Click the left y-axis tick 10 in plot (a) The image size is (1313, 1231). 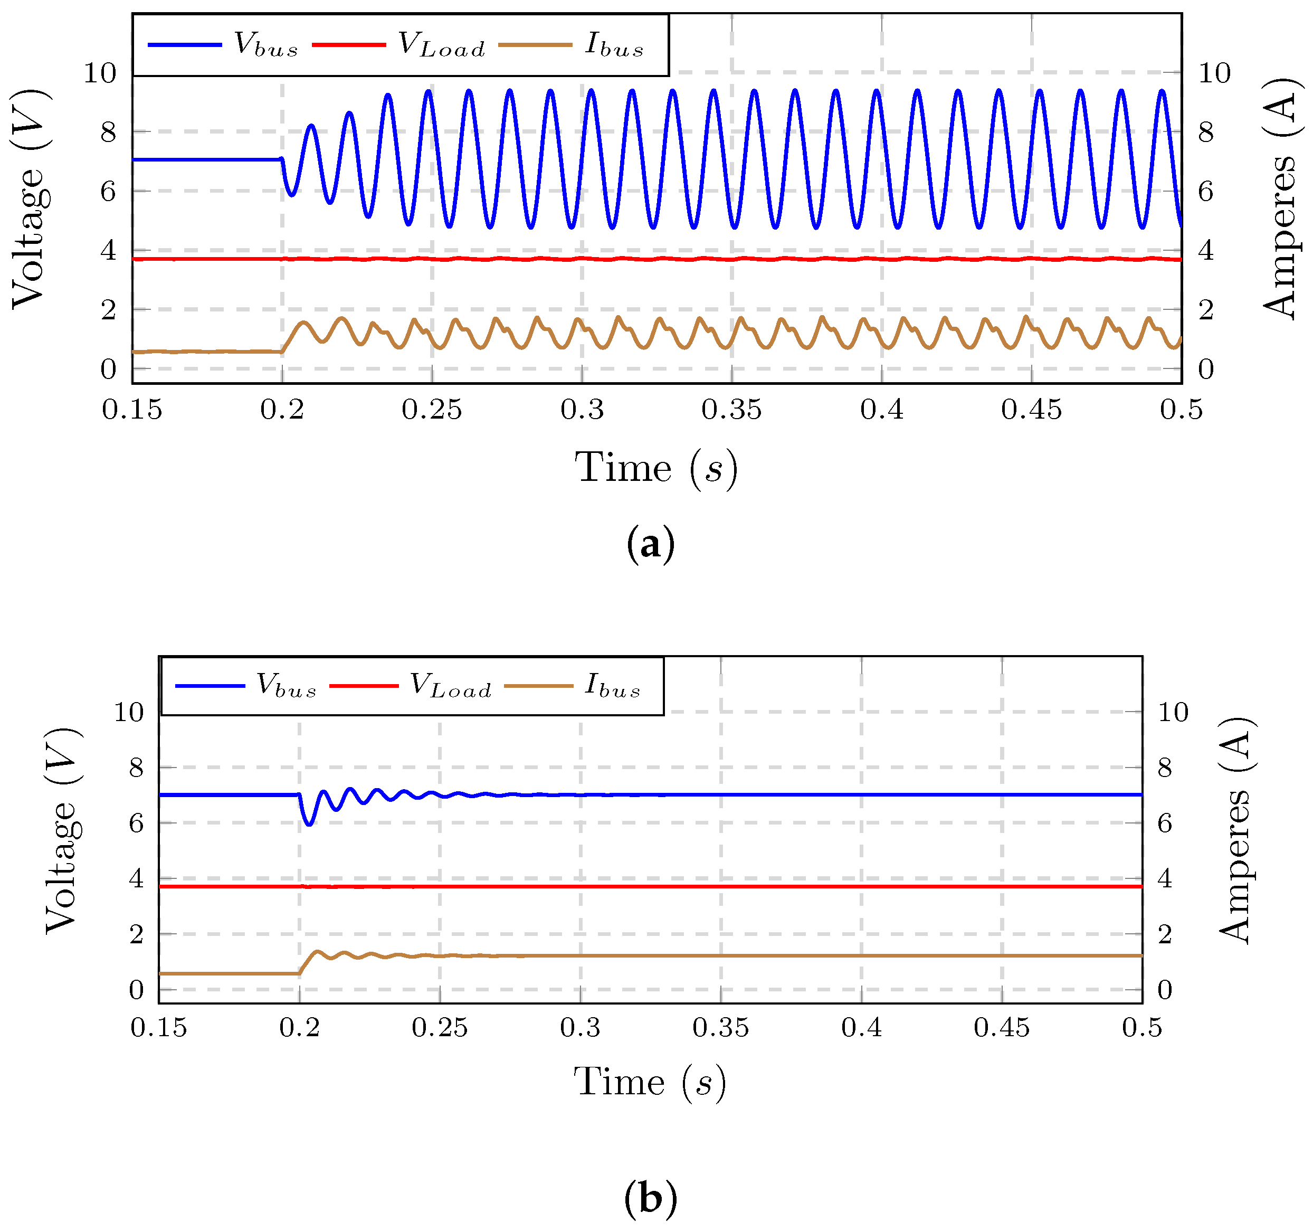pyautogui.click(x=100, y=73)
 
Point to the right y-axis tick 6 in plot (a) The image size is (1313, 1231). pyautogui.click(x=1206, y=192)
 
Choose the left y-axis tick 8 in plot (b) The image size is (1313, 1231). pyautogui.click(x=136, y=768)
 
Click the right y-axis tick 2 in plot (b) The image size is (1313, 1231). pyautogui.click(x=1165, y=934)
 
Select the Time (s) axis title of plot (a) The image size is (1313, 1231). pyautogui.click(x=656, y=469)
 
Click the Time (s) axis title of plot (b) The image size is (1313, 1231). pyautogui.click(x=649, y=1082)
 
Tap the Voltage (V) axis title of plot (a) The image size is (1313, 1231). pyautogui.click(x=30, y=198)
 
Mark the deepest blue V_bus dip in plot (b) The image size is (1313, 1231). pyautogui.click(x=308, y=824)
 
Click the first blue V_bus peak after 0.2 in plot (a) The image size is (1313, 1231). pyautogui.click(x=311, y=126)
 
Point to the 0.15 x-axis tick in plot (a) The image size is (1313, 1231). pyautogui.click(x=132, y=410)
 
